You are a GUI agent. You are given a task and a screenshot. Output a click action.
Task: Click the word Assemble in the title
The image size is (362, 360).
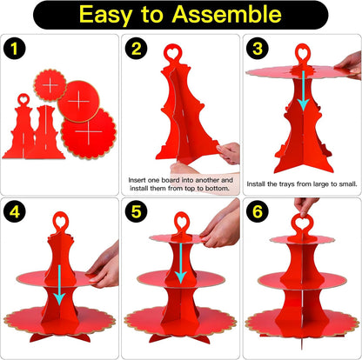[x=226, y=15]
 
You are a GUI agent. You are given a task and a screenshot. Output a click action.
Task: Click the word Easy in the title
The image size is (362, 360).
[x=105, y=16]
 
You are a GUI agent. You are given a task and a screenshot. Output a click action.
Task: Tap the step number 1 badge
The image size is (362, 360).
[x=15, y=49]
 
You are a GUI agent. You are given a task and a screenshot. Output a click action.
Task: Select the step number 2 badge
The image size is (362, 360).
[x=137, y=49]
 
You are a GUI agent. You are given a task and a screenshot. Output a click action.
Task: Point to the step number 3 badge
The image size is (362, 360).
[x=258, y=49]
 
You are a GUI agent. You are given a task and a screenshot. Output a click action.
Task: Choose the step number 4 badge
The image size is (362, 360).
[x=15, y=212]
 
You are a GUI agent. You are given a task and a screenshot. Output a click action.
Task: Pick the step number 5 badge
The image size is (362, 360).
[x=137, y=212]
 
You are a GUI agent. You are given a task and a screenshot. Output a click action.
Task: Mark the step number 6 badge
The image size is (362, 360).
[x=258, y=212]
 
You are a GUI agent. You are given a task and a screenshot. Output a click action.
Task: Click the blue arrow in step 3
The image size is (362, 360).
[x=304, y=90]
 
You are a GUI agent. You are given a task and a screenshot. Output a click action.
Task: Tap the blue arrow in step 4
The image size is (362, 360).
[x=60, y=285]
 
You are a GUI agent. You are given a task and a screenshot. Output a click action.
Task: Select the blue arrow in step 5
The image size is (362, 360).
[x=181, y=263]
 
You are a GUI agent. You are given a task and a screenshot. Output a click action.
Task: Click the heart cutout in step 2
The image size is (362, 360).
[x=173, y=53]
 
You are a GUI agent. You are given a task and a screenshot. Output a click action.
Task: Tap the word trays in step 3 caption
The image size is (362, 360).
[x=286, y=184]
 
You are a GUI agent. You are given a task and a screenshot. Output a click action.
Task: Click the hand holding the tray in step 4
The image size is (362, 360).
[x=104, y=267]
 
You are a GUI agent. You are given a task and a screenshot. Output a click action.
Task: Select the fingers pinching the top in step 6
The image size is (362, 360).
[x=305, y=207]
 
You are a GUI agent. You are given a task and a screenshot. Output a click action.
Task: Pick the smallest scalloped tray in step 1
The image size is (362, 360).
[x=50, y=85]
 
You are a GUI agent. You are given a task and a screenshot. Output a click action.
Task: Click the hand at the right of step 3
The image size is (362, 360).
[x=349, y=65]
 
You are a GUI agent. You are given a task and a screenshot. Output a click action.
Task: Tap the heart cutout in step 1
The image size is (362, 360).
[x=23, y=100]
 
